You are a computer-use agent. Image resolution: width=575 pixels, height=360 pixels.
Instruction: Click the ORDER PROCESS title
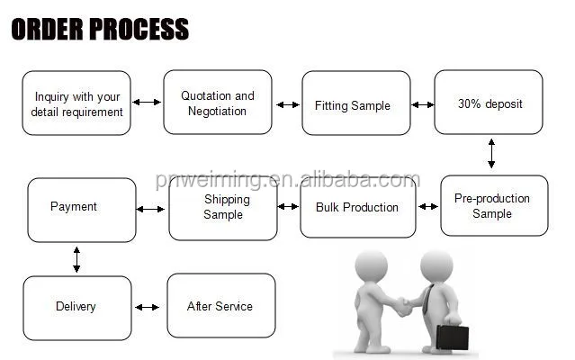100,29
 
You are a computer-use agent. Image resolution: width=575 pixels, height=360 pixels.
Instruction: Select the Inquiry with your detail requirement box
76,103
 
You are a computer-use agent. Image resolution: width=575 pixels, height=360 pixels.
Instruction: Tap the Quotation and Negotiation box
217,103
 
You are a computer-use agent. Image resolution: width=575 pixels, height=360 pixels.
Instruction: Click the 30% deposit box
489,103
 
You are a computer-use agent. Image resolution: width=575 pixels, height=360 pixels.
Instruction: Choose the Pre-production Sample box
493,206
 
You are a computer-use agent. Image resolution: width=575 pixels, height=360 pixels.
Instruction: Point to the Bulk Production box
357,207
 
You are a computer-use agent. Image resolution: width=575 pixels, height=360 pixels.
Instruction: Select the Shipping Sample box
222,207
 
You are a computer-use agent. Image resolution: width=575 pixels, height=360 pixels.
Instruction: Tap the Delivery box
76,307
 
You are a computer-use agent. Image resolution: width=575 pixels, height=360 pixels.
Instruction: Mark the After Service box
220,306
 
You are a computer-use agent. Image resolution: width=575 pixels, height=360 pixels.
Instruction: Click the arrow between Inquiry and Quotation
147,103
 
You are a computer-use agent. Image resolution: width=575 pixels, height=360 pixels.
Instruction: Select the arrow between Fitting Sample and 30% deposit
422,105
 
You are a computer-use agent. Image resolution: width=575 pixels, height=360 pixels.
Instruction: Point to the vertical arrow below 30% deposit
491,153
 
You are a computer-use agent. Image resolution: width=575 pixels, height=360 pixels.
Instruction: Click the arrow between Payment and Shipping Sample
151,209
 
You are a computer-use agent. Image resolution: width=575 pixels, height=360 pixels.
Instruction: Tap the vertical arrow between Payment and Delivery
76,259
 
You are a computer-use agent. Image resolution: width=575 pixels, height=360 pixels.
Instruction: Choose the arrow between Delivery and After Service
148,308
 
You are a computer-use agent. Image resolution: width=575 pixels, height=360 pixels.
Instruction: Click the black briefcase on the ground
452,337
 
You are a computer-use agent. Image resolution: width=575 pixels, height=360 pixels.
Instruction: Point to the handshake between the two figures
402,306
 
